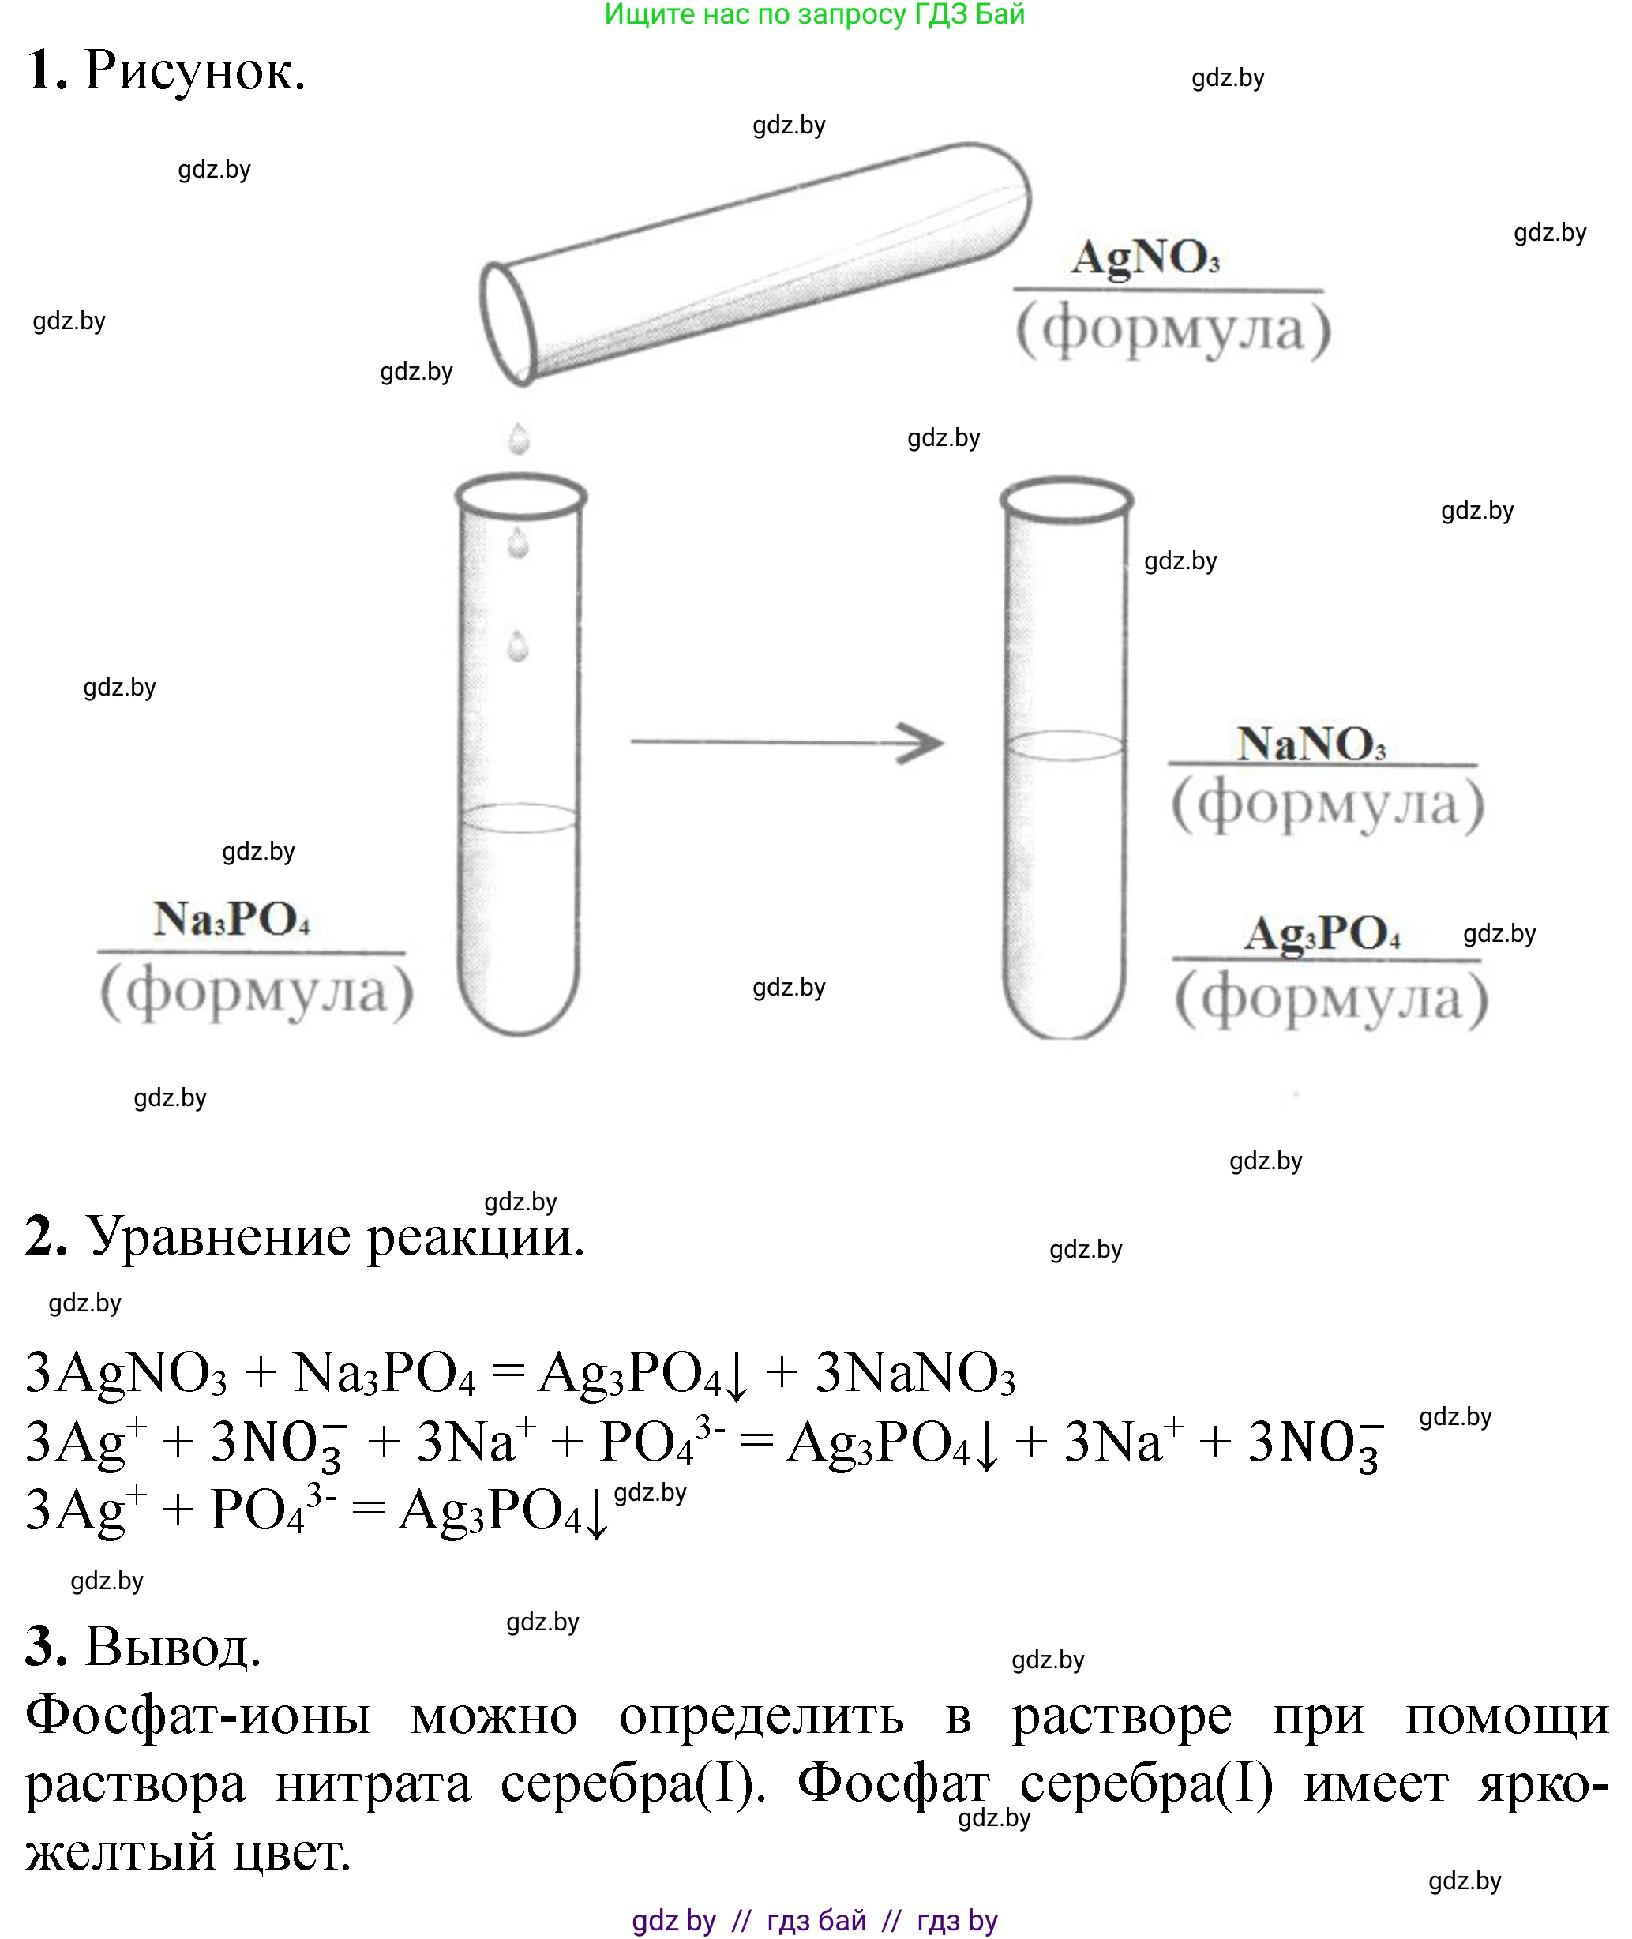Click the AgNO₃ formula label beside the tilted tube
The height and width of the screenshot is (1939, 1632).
1146,258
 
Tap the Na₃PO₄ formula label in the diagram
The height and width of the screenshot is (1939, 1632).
231,919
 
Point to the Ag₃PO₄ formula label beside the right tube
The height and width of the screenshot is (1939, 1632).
1322,933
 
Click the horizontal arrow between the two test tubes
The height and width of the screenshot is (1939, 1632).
786,742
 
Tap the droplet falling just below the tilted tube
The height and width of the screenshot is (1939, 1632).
519,438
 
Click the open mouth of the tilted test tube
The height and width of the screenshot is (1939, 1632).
508,323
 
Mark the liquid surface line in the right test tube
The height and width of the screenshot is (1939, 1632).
1066,745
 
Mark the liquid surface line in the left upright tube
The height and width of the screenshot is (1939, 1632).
519,818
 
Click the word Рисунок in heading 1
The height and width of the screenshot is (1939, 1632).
194,71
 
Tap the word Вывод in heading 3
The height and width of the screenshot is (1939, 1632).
173,1648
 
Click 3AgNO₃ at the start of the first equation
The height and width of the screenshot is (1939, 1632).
126,1373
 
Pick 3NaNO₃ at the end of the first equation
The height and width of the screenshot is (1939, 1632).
915,1373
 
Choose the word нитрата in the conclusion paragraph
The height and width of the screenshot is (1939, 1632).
373,1783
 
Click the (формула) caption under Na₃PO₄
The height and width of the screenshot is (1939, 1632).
257,992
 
